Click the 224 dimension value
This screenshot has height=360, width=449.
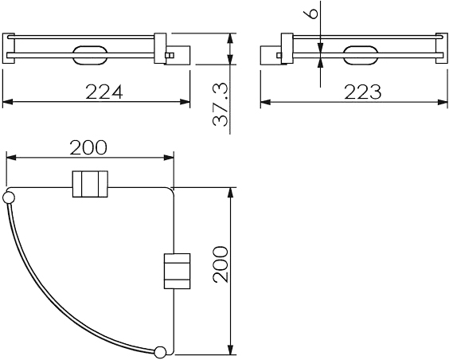[104, 92]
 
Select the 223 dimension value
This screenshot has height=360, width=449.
[363, 92]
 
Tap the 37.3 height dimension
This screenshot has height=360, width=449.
[221, 105]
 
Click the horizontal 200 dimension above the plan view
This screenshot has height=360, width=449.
[88, 147]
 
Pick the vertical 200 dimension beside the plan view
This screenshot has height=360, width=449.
[221, 264]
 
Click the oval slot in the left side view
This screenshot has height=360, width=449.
[90, 55]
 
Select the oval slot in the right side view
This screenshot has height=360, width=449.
[360, 55]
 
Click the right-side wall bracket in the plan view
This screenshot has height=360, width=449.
[177, 271]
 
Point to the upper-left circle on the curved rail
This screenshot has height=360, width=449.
[9, 198]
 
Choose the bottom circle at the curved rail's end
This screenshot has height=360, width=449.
[160, 352]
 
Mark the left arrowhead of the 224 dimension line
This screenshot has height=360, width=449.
[7, 102]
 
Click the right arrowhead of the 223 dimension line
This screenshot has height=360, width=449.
[443, 102]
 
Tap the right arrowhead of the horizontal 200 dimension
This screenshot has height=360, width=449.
[169, 157]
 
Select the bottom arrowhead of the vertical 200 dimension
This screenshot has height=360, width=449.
[229, 350]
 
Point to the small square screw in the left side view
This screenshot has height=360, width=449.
[170, 55]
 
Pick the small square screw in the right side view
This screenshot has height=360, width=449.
[279, 55]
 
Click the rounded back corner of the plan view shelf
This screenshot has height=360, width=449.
[171, 190]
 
